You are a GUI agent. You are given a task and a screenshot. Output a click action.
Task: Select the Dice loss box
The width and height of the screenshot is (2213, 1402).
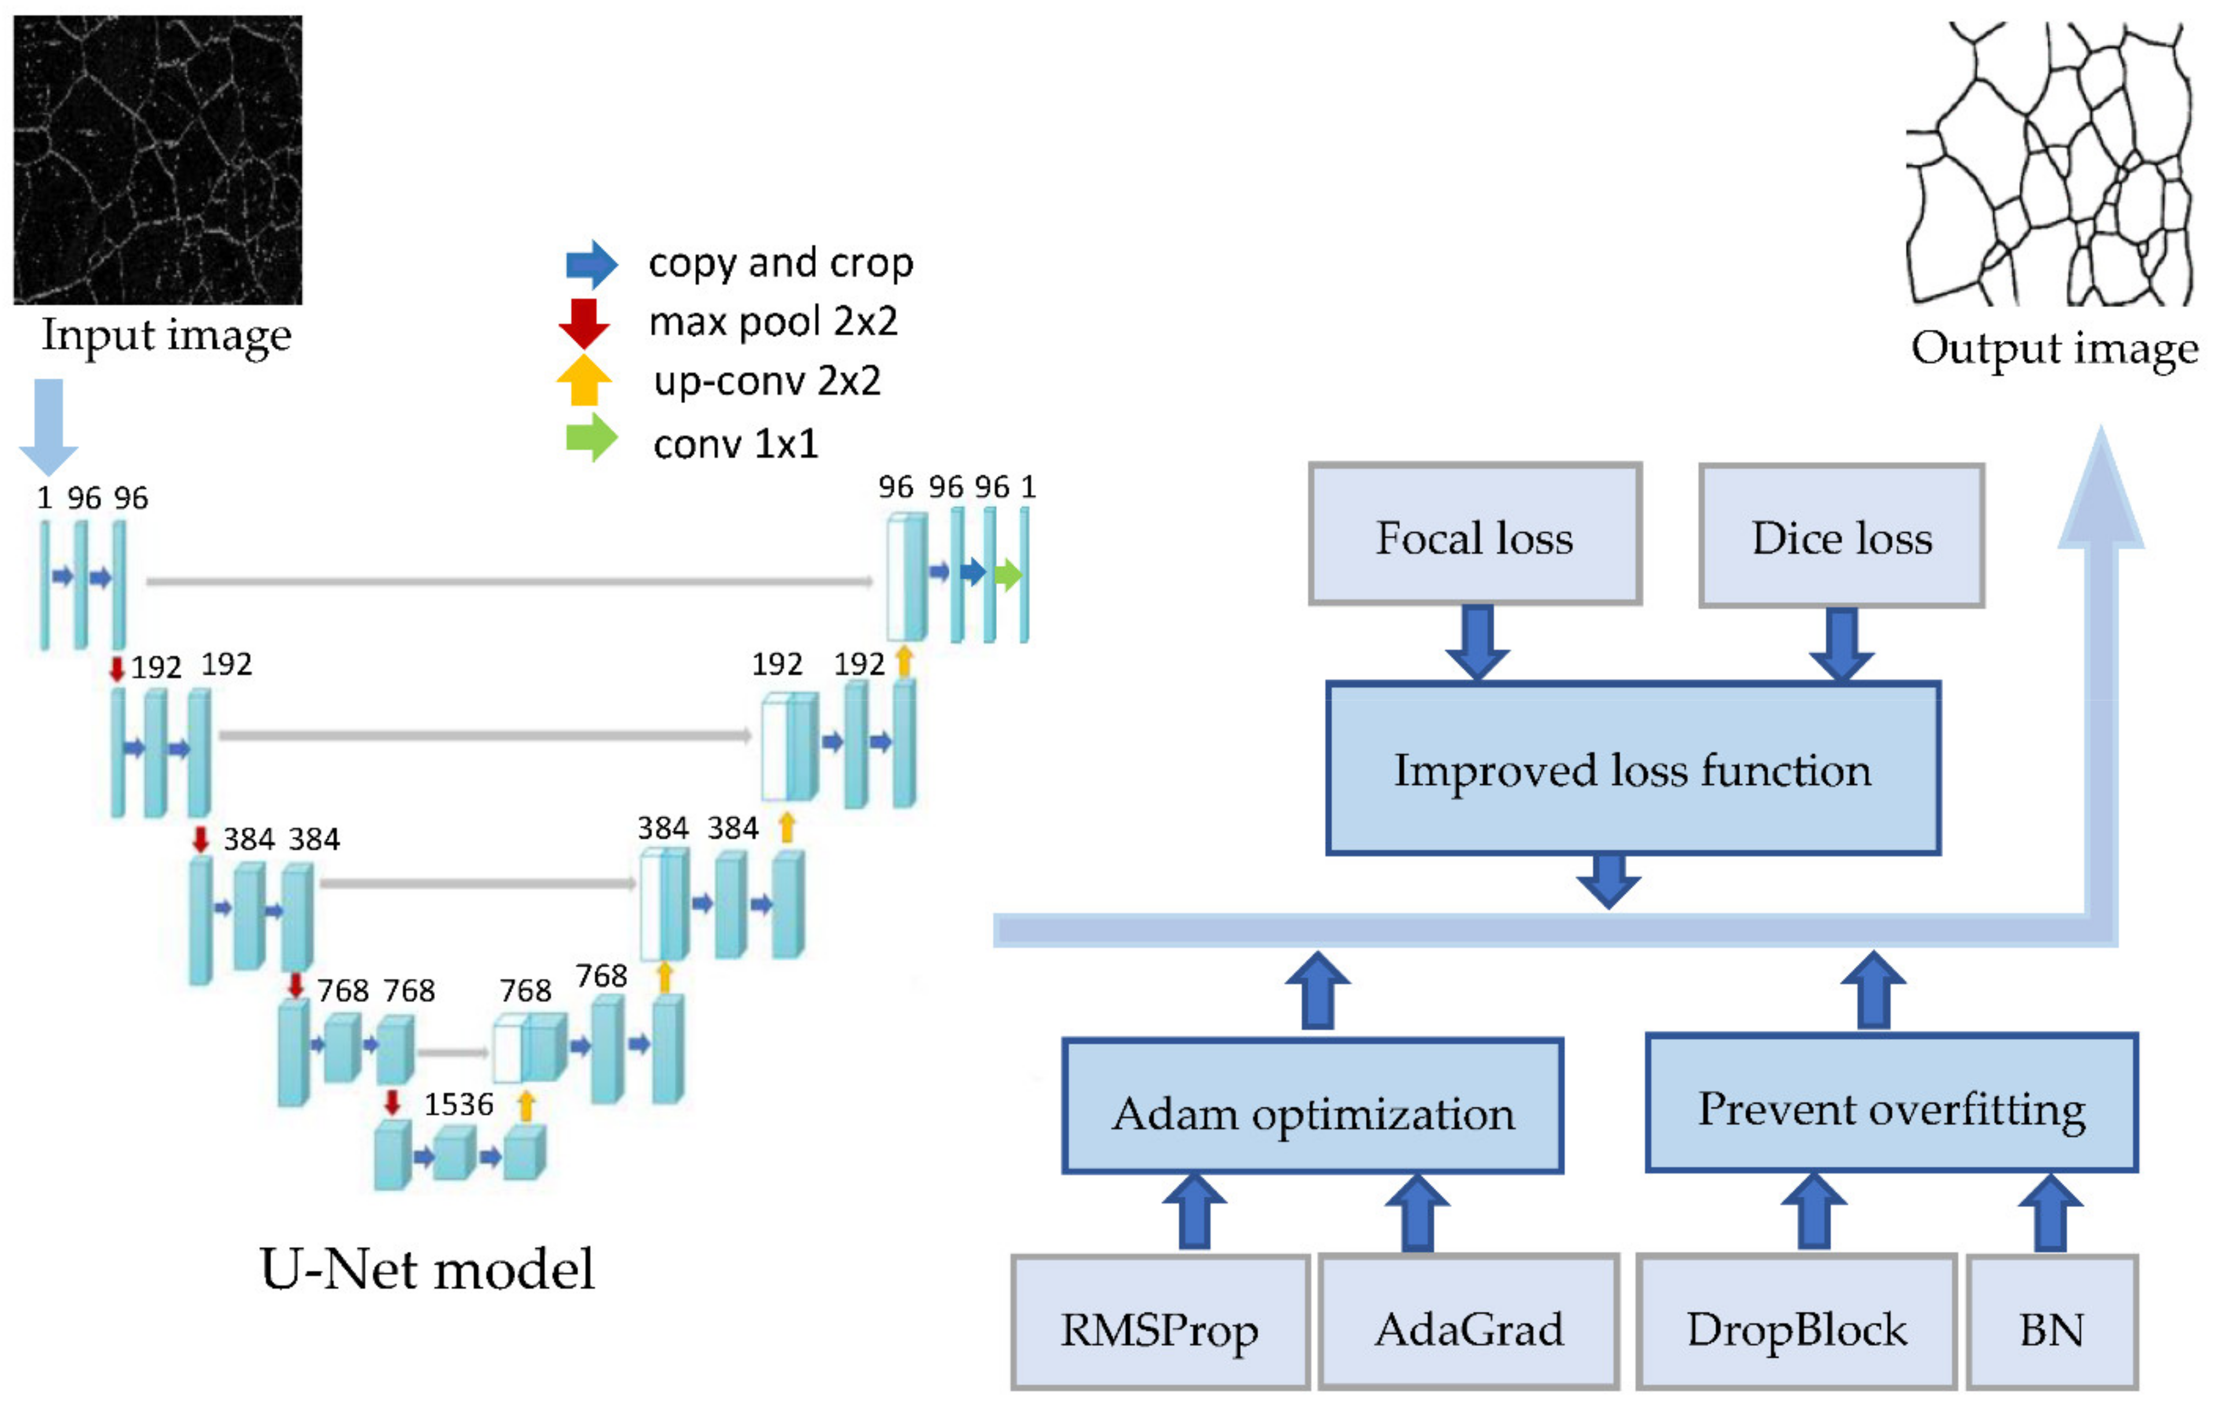(x=1841, y=535)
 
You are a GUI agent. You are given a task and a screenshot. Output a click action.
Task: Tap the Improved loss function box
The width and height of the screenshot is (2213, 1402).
(x=1632, y=769)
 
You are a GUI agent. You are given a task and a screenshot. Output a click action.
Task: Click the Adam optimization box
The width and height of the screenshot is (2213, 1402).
(x=1313, y=1106)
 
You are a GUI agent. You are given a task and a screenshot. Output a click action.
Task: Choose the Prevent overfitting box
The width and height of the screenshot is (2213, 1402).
(x=1890, y=1102)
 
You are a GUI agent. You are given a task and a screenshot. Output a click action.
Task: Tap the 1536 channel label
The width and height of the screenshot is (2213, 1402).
(x=459, y=1104)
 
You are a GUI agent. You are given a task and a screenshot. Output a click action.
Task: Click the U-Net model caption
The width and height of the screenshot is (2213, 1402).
(x=427, y=1269)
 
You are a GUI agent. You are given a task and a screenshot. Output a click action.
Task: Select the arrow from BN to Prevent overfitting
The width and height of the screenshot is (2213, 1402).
(x=2051, y=1213)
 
